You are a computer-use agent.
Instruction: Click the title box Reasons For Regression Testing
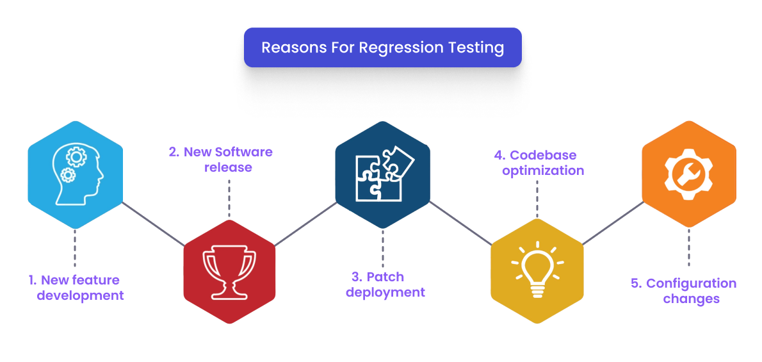(x=382, y=47)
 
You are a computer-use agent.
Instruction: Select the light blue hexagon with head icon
(x=76, y=174)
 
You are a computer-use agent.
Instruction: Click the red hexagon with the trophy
(x=229, y=270)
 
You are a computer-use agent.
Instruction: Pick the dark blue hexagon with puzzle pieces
(x=382, y=174)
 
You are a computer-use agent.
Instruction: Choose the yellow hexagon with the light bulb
(x=537, y=270)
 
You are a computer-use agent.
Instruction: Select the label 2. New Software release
(x=229, y=160)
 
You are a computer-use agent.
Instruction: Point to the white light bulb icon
(x=537, y=269)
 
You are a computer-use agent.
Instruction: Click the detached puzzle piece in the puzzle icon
(x=398, y=160)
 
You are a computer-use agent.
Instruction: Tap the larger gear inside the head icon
(x=76, y=156)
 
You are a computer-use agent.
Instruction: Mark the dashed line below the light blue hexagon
(x=75, y=248)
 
